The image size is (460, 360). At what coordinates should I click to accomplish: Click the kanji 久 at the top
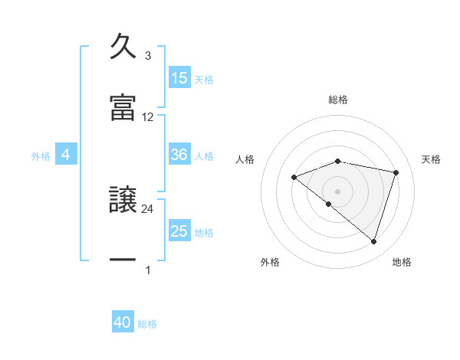pos(123,47)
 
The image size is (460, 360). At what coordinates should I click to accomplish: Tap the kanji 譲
pos(123,198)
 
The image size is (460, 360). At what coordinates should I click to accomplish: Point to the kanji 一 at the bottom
pos(123,260)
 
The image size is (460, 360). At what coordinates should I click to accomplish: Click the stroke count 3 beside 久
pos(148,56)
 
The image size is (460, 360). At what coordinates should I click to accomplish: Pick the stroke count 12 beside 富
pos(148,117)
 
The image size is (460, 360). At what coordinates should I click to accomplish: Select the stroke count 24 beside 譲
pos(148,208)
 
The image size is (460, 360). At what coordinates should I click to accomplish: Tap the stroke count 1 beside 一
pos(148,270)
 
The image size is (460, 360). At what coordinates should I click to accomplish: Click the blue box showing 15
pos(179,78)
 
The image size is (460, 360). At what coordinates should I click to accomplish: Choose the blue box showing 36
pos(179,155)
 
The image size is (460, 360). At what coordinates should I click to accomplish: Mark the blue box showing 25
pos(179,231)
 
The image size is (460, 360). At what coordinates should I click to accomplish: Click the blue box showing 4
pos(66,155)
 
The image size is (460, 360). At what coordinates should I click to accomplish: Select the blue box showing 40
pos(123,322)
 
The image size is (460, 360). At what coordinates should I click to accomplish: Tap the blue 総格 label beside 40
pos(147,324)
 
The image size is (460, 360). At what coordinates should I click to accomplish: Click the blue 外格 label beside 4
pos(41,156)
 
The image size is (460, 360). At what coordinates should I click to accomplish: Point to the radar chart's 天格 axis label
pos(432,159)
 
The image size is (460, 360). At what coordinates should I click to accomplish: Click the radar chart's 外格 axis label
pos(270,262)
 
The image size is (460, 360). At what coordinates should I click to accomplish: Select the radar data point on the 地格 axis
pos(373,242)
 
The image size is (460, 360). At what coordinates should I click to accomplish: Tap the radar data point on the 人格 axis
pos(294,177)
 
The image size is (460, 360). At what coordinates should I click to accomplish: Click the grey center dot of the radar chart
pos(337,191)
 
